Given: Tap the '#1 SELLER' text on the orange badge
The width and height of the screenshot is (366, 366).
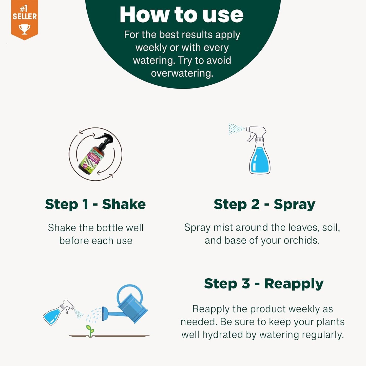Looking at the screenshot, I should coord(25,13).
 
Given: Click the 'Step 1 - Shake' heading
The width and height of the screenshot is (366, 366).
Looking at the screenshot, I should coord(95,204).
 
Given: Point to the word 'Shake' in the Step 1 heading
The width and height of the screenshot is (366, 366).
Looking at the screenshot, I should coord(124,204).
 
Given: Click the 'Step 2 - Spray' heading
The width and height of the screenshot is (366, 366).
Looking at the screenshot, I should coord(264,204).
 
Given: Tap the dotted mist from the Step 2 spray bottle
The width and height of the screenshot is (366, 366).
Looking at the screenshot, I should coord(236,129).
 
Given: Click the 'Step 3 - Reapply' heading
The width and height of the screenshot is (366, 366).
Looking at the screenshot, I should coord(264,283).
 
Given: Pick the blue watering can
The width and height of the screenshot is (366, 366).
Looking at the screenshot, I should coord(130,306).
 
